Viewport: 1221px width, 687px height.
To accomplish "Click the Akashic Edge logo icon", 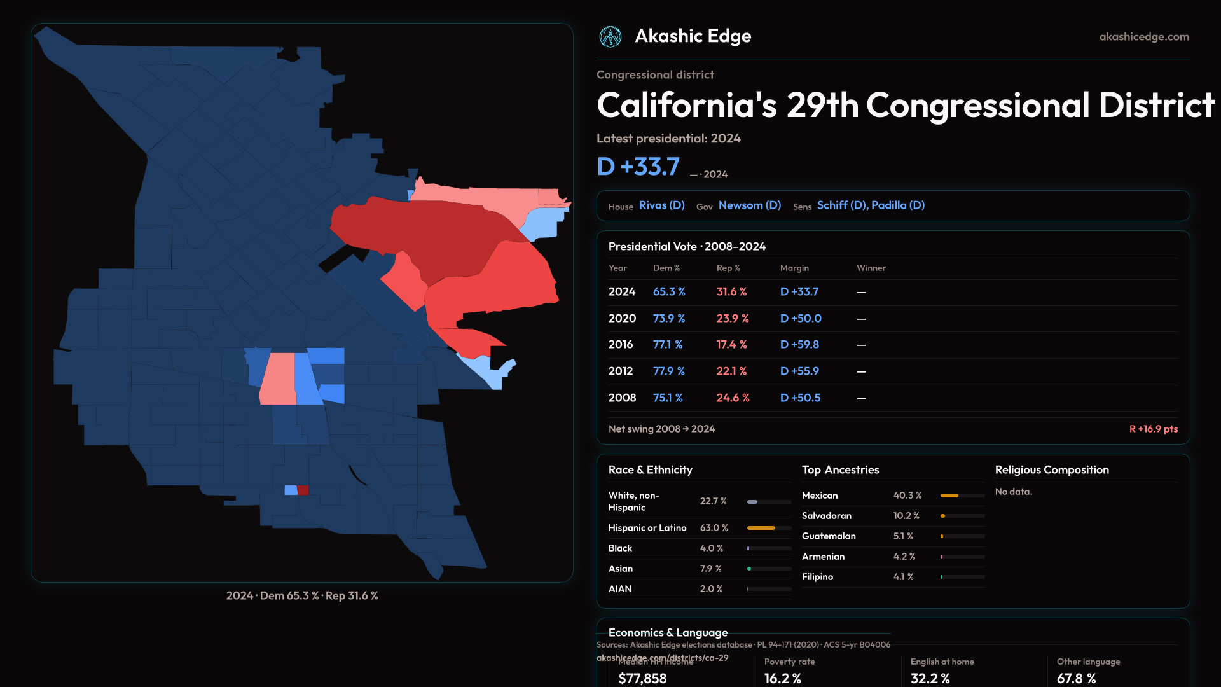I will (x=610, y=37).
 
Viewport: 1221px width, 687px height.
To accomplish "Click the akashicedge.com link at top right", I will (x=1143, y=37).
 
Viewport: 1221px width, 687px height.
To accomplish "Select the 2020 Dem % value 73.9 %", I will (x=668, y=318).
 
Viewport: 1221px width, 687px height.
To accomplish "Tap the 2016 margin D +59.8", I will (x=799, y=344).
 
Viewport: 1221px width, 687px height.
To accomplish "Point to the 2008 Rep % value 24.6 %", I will (x=733, y=398).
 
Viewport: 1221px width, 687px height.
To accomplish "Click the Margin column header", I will (x=794, y=268).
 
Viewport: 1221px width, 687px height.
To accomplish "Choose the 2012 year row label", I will (x=620, y=371).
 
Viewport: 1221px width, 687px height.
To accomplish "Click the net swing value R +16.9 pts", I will (x=1153, y=429).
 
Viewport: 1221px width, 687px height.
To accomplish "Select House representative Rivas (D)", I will (x=661, y=205).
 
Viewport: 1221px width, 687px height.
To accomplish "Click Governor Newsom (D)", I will (x=749, y=205).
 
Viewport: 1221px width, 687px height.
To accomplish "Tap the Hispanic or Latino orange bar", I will (x=761, y=528).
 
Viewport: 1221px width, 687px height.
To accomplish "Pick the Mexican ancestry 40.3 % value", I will (x=907, y=496).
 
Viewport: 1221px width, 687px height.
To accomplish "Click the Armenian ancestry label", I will (x=823, y=557).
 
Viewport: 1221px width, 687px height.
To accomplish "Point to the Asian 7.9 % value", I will (x=710, y=569).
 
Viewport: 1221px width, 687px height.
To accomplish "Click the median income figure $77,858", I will (x=642, y=678).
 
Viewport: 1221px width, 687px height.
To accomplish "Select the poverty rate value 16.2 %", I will (x=782, y=678).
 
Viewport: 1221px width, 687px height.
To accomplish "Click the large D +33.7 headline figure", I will (x=638, y=167).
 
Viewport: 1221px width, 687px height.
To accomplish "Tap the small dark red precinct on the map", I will (x=303, y=490).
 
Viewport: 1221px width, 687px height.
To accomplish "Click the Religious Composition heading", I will (x=1051, y=470).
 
